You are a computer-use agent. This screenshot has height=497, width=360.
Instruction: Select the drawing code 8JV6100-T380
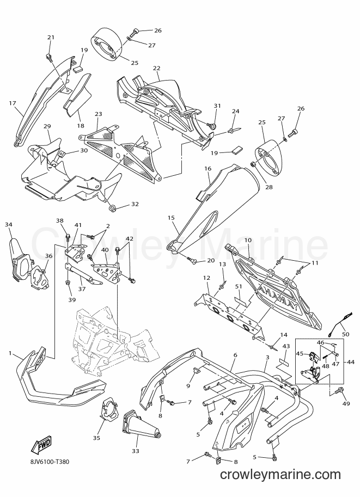(48, 462)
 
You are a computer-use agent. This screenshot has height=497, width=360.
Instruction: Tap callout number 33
(136, 451)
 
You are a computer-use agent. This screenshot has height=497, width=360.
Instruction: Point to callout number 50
(345, 334)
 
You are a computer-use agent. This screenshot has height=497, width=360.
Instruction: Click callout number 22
(156, 68)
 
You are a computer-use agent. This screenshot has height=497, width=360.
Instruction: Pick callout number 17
(13, 103)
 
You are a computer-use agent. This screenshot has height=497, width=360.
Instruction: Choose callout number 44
(351, 362)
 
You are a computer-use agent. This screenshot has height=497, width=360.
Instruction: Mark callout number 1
(10, 353)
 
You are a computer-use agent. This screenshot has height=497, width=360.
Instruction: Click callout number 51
(239, 286)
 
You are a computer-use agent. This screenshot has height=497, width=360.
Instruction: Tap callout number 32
(135, 204)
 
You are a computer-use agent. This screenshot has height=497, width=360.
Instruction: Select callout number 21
(51, 37)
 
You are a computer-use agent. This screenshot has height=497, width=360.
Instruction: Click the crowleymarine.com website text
(280, 475)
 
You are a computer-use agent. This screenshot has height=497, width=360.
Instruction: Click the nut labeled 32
(112, 208)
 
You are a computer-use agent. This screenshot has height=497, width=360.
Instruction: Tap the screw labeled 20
(192, 260)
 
